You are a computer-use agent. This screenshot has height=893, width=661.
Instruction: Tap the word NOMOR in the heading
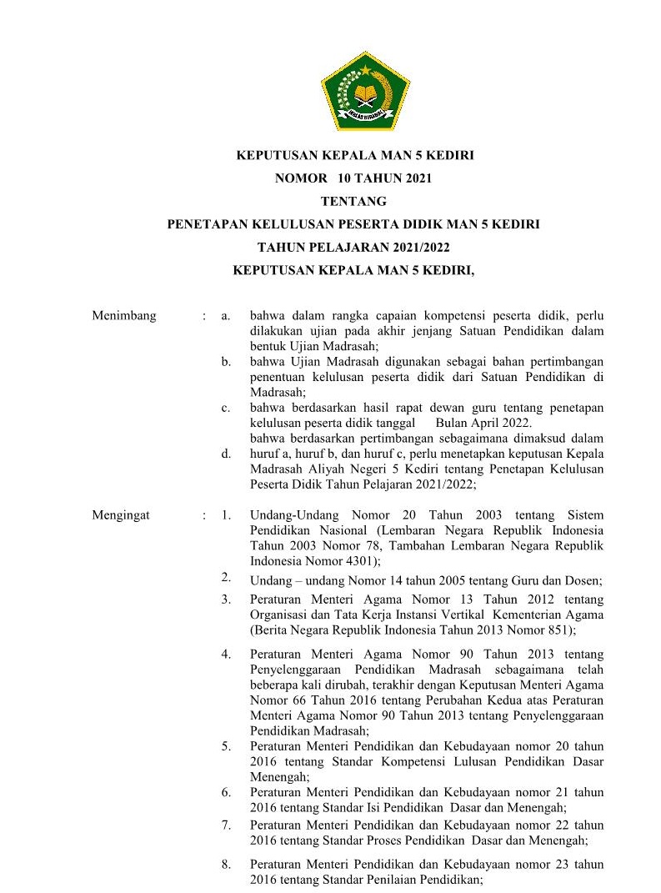(297, 178)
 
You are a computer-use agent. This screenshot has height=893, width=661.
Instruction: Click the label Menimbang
(124, 316)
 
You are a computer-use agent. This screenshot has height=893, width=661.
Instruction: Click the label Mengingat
(121, 515)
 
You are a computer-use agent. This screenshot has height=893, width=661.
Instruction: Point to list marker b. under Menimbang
(226, 362)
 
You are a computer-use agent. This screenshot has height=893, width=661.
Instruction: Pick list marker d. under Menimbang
(226, 454)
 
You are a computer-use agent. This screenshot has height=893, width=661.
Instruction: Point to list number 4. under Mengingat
(226, 654)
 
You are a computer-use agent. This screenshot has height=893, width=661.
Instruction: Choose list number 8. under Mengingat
(226, 864)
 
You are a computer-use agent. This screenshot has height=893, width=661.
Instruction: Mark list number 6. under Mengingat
(226, 791)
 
